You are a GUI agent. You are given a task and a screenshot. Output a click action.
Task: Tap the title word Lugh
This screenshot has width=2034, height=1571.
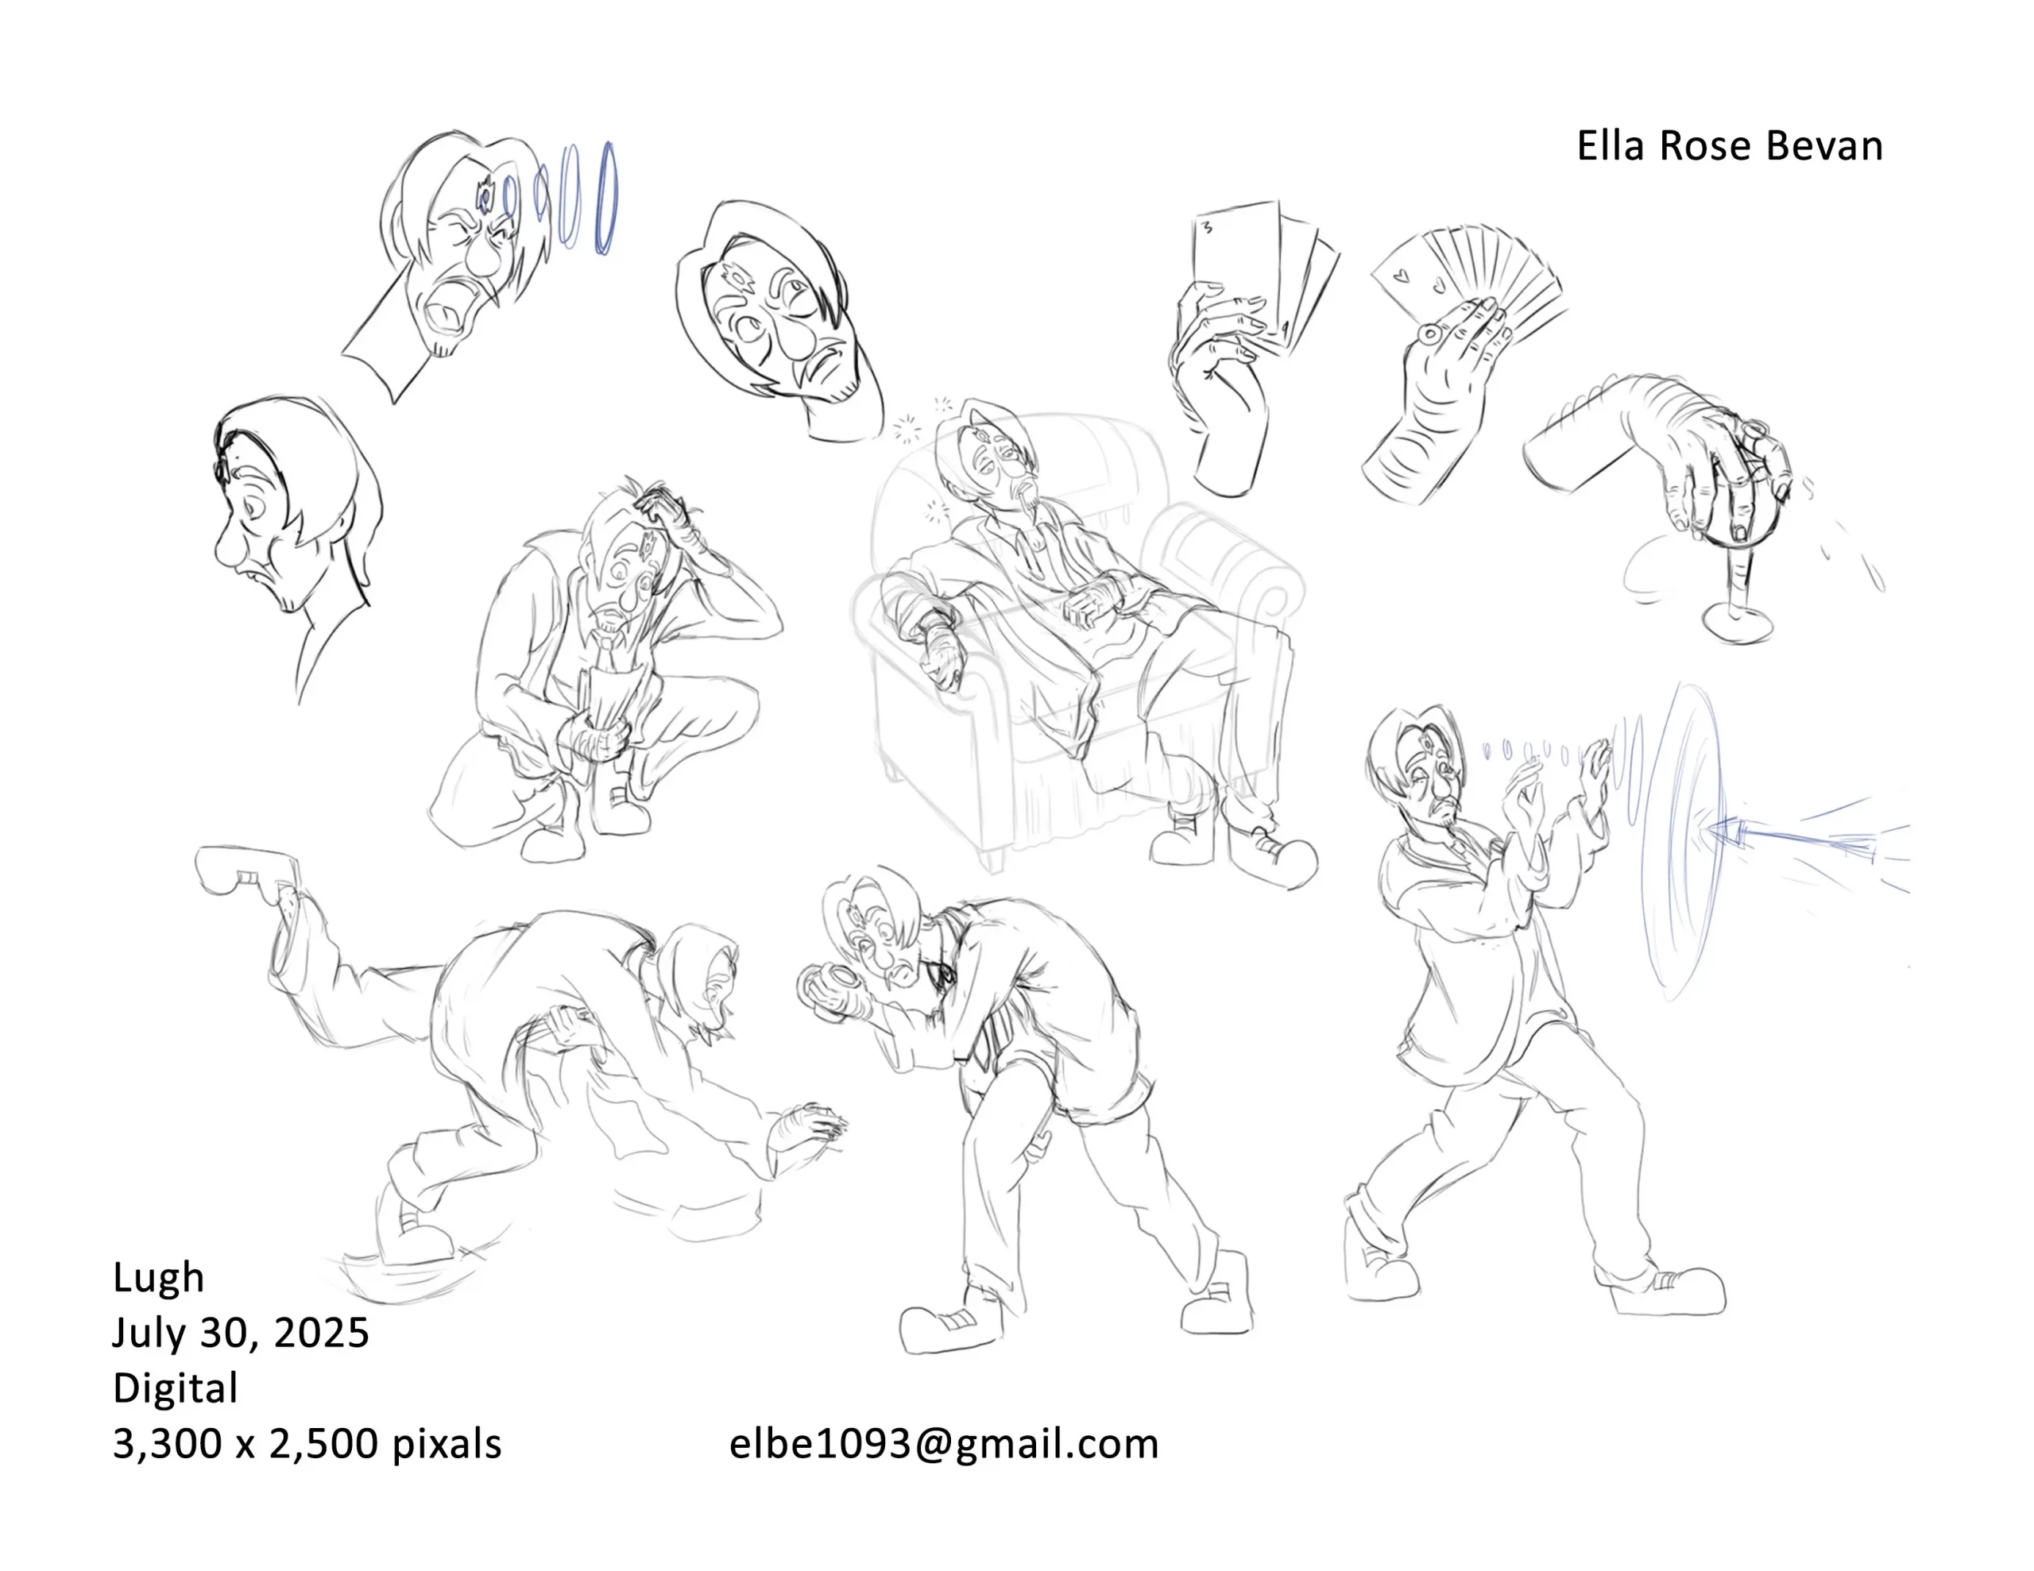158,1279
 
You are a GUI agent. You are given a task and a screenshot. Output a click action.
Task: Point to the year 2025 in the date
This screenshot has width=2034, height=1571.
321,1333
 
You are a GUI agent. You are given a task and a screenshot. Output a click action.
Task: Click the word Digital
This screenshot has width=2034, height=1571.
175,1388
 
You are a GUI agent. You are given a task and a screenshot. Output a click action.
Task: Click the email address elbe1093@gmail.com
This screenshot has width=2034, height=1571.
943,1445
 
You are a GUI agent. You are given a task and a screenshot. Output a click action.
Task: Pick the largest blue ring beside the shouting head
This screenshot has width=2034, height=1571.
606,199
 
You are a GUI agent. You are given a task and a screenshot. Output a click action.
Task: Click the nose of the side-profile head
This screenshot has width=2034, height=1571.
227,550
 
